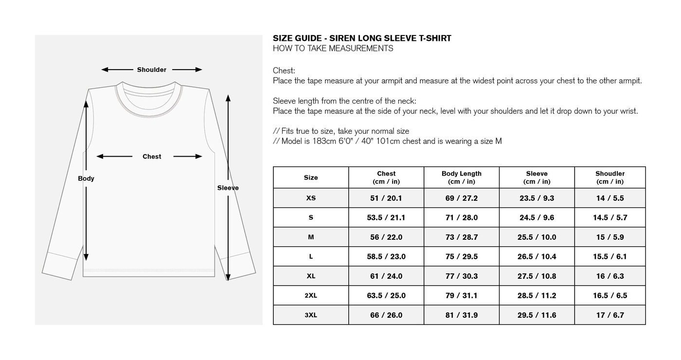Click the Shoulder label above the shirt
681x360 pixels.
point(151,70)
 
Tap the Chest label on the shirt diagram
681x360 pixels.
point(152,157)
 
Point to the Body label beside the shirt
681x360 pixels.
point(86,179)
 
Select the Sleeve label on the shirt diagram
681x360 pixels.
point(228,188)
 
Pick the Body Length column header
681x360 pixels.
point(461,178)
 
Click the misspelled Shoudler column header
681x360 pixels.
point(609,178)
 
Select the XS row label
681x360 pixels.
point(311,198)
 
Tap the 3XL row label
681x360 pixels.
point(311,315)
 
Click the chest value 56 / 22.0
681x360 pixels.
point(386,237)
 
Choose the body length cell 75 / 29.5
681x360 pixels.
point(461,257)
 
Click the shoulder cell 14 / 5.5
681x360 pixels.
point(609,198)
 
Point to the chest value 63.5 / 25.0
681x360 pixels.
point(386,296)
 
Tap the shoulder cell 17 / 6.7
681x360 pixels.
point(609,315)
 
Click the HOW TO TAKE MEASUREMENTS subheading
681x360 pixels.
point(333,49)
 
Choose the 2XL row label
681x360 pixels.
point(311,296)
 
